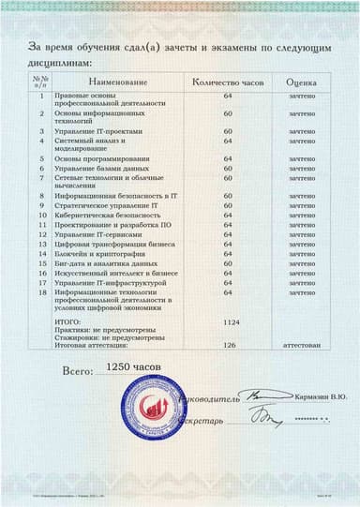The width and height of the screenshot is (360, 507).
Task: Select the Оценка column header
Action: tap(301, 83)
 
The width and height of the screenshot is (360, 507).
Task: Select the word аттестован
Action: tap(301, 345)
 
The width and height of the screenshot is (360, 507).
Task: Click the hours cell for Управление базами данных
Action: tap(228, 169)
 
